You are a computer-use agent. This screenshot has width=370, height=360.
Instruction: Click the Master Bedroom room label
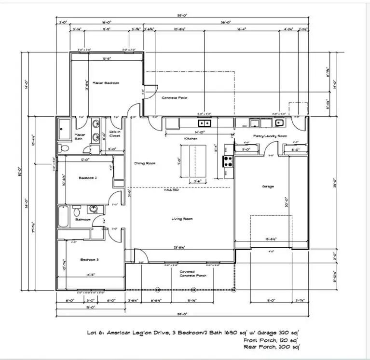tap(106, 83)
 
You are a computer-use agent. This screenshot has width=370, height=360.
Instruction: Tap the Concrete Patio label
tap(174, 98)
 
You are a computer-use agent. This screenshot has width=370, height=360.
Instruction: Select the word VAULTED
tap(172, 190)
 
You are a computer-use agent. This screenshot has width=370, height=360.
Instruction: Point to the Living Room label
tap(182, 219)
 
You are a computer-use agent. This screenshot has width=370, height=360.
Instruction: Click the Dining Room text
tap(144, 163)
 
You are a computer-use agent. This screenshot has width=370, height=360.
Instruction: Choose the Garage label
tap(268, 187)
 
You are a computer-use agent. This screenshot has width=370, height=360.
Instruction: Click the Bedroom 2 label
tap(88, 178)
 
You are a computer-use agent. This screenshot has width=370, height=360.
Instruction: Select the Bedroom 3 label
tap(89, 260)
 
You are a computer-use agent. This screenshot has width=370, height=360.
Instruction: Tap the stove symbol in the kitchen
tap(227, 161)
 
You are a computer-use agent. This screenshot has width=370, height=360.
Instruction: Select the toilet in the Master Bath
tap(62, 148)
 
